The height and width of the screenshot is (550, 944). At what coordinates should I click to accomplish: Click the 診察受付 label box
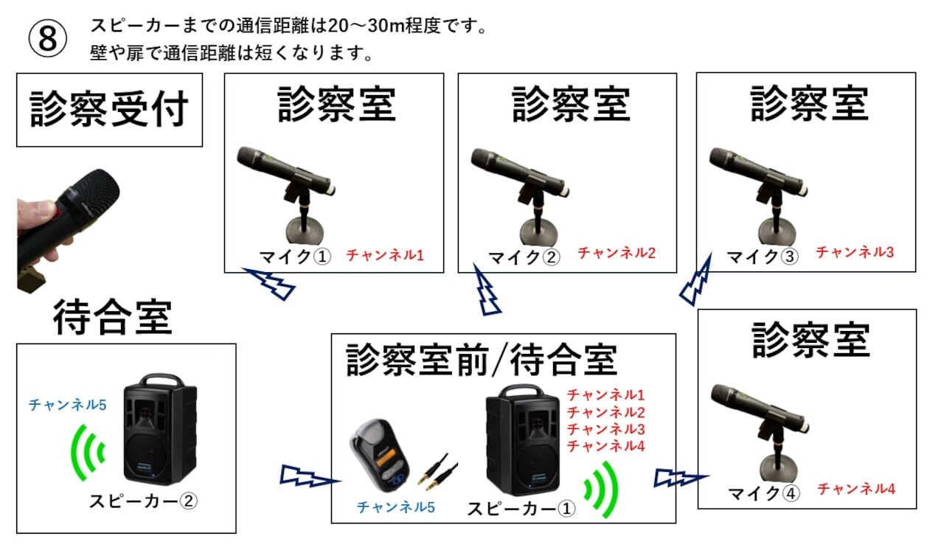tap(109, 110)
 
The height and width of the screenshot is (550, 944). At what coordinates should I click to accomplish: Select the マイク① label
tap(295, 257)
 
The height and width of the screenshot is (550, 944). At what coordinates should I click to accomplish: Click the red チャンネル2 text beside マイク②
tap(617, 253)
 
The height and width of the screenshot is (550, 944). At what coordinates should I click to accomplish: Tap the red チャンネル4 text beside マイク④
tap(856, 488)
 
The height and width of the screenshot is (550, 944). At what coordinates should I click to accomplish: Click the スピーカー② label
tap(143, 501)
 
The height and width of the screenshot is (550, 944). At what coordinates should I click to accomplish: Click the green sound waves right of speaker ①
tap(600, 488)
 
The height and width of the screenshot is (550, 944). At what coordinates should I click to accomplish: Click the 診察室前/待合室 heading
tap(481, 359)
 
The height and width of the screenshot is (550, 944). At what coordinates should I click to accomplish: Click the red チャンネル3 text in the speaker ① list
tap(605, 429)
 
